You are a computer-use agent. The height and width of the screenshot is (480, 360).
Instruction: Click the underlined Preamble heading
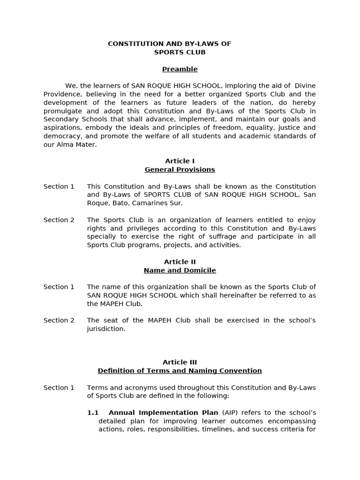pos(180,69)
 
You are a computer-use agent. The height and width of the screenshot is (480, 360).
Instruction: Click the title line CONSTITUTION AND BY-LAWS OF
pos(169,44)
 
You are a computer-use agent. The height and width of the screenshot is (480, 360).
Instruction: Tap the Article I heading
pos(180,161)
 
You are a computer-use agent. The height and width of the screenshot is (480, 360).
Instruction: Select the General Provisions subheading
pos(180,170)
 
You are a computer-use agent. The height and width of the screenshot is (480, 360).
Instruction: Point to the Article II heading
pos(180,262)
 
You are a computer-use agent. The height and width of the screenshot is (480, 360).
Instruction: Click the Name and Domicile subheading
pos(180,270)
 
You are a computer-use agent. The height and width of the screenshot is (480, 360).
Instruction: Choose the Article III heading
pos(180,362)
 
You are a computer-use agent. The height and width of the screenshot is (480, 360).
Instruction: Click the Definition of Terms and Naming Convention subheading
pos(180,371)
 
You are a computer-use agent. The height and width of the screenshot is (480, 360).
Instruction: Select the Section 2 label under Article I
pos(59,220)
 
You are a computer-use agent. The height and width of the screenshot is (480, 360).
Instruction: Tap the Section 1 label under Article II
pos(59,287)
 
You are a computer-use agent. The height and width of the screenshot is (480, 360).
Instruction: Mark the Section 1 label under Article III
pos(59,388)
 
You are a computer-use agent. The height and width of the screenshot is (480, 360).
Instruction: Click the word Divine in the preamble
pos(305,86)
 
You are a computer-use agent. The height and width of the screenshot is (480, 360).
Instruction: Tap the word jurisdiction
pos(106,329)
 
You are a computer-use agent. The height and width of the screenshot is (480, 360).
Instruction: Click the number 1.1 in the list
pos(93,413)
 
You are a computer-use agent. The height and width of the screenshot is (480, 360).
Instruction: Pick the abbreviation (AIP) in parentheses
pos(230,413)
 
